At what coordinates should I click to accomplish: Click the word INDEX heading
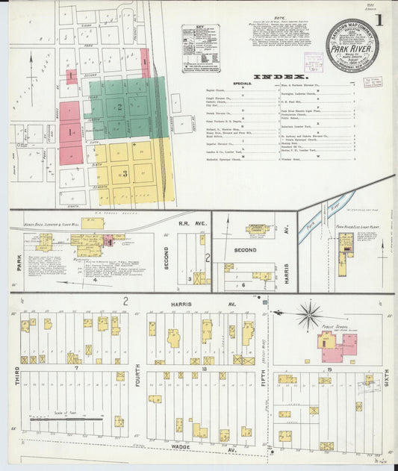pos(280,77)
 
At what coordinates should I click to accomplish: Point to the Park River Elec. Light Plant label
pos(353,225)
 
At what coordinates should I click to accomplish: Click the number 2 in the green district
pos(118,107)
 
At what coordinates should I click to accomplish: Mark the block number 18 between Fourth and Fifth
pos(203,369)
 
